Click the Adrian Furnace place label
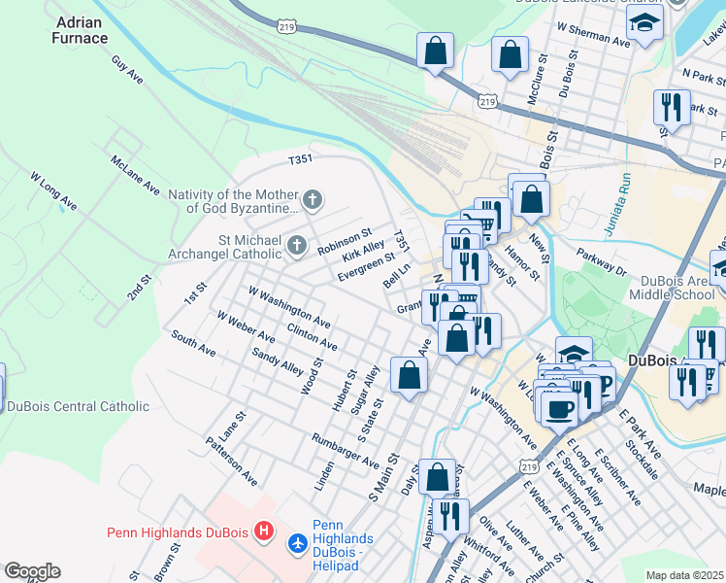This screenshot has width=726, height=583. click(82, 29)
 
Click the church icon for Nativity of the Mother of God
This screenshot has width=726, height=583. click(312, 201)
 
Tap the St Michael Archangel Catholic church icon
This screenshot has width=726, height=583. click(297, 246)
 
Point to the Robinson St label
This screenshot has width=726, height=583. click(345, 242)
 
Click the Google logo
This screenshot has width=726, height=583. click(32, 571)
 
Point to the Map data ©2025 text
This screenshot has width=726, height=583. click(684, 575)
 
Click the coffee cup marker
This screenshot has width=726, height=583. click(559, 408)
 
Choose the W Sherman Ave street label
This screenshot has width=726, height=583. click(595, 38)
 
